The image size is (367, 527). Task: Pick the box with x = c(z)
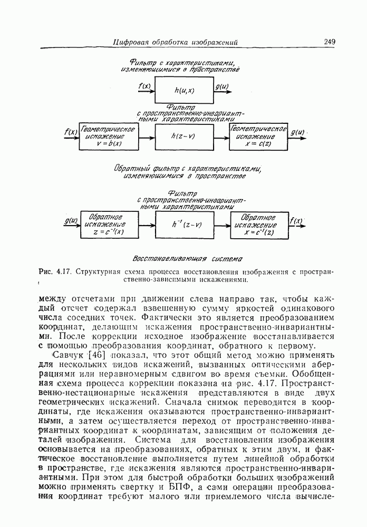pos(258,136)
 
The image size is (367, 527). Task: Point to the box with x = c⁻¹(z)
pos(258,225)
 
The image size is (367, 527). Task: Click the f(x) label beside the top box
pos(144,85)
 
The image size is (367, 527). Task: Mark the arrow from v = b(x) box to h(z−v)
pos(147,136)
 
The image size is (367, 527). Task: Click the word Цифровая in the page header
pos(132,42)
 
